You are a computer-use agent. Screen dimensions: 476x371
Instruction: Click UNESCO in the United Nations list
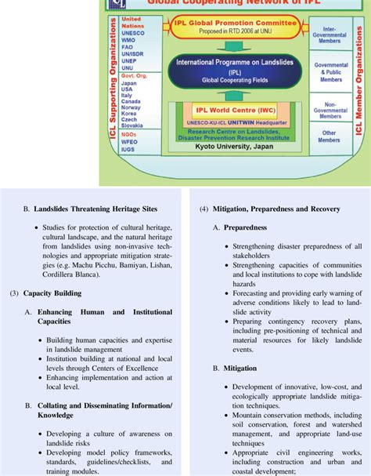[134, 34]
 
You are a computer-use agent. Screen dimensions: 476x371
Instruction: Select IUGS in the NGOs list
[131, 148]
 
